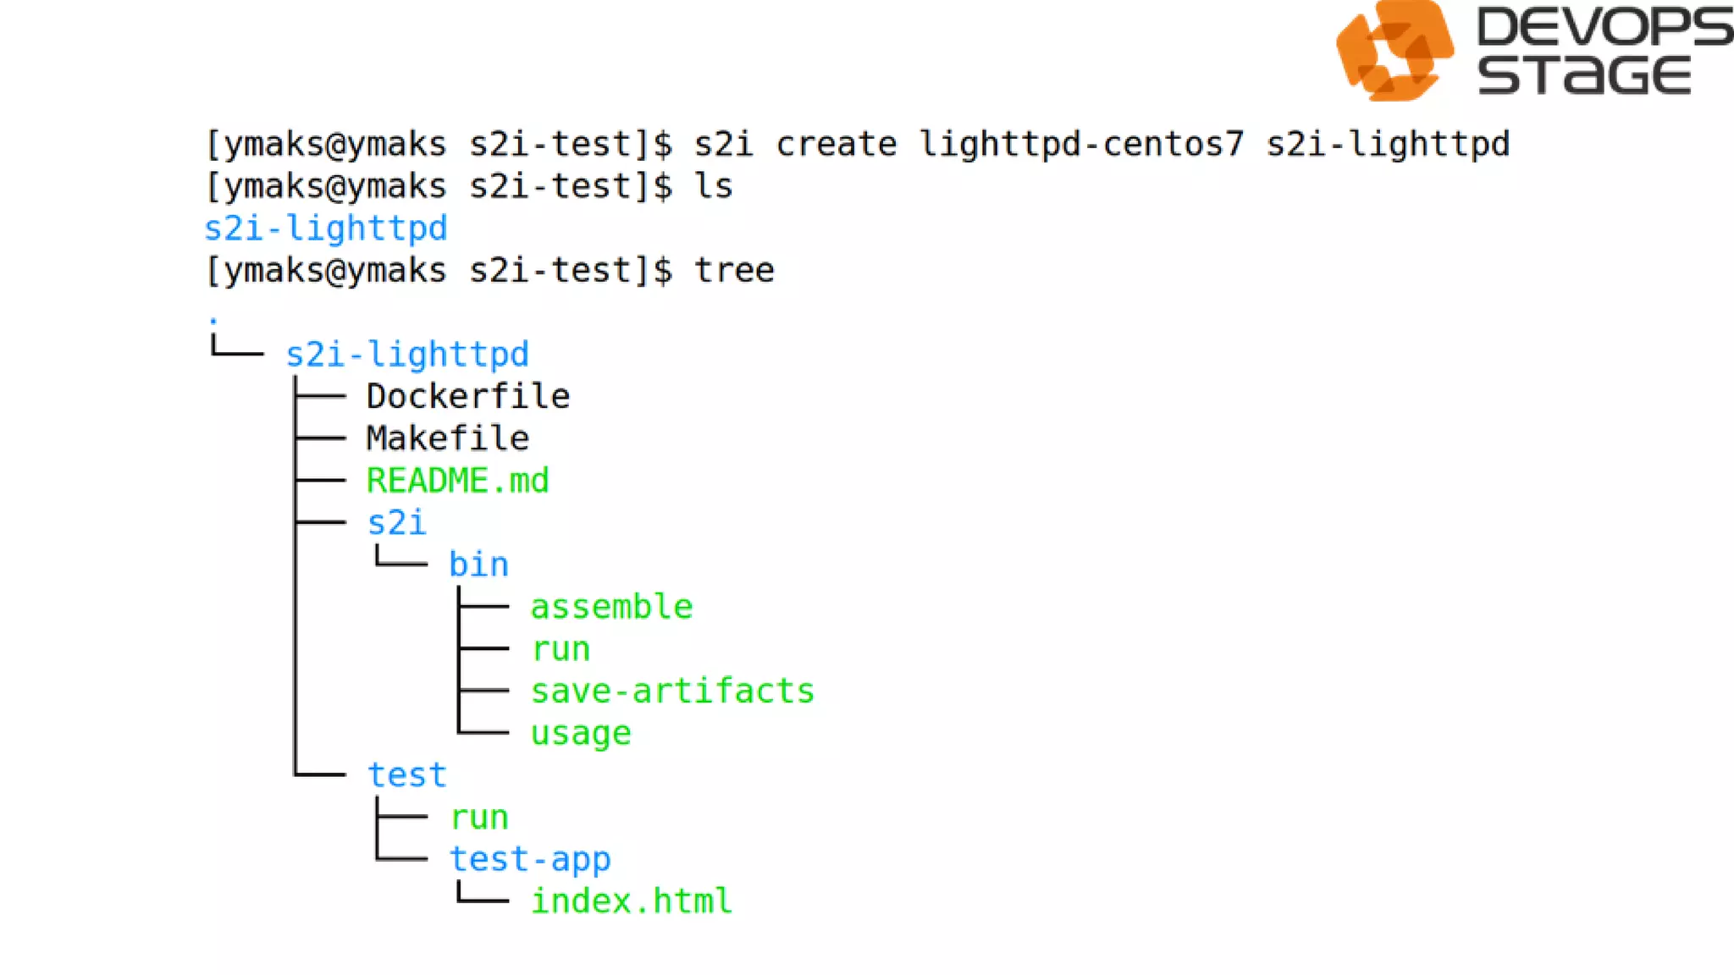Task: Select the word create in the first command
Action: tap(836, 144)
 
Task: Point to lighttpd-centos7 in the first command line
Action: tap(1082, 144)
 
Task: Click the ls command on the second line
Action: tap(713, 186)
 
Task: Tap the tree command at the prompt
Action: tap(733, 271)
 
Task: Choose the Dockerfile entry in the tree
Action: tap(468, 396)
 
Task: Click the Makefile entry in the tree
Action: tap(448, 438)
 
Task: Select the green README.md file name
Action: tap(458, 481)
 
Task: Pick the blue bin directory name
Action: tap(478, 565)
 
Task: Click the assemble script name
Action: tap(611, 607)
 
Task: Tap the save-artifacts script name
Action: tap(672, 691)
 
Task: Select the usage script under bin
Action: tap(581, 733)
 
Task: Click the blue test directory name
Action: tap(407, 775)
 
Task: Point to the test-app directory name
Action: tap(530, 859)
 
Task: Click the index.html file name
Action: tap(632, 901)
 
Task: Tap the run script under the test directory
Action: tap(479, 818)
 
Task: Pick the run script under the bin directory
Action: tap(561, 649)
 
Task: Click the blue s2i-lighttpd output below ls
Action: tap(326, 229)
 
